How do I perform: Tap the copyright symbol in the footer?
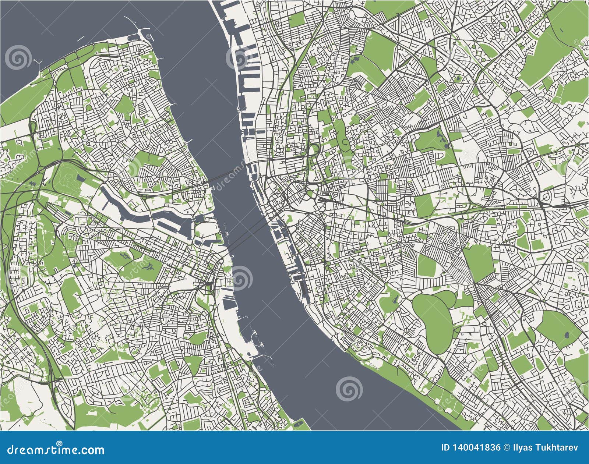(507, 448)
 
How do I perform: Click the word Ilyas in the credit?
(521, 448)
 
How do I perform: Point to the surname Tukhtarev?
(556, 448)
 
